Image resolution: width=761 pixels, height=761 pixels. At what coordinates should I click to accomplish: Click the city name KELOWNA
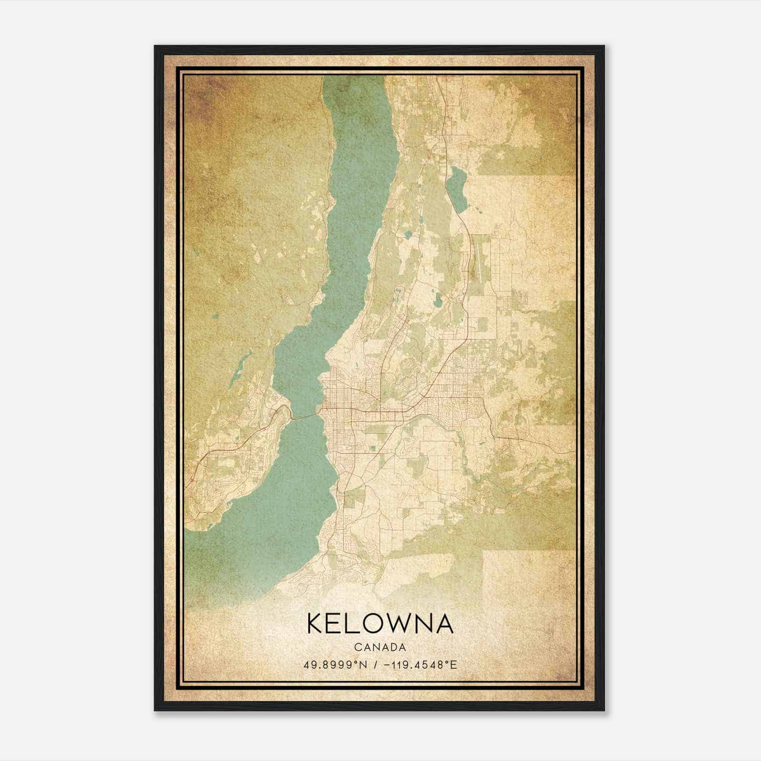pyautogui.click(x=380, y=624)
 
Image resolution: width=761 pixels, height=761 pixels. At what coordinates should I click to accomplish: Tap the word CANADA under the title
pyautogui.click(x=380, y=647)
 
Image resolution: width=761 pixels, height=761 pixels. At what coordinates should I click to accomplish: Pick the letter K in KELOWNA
pyautogui.click(x=316, y=624)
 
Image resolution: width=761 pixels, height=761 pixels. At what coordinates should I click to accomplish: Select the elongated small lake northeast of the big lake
pyautogui.click(x=457, y=189)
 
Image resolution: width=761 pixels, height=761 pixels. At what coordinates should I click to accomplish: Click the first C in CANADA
pyautogui.click(x=356, y=647)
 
